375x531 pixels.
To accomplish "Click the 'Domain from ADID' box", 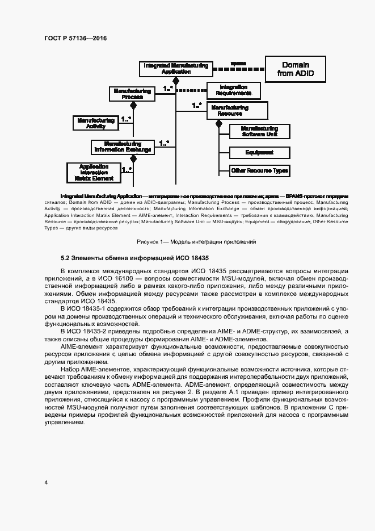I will tap(295, 69).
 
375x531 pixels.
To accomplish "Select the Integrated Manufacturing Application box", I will tap(175, 69).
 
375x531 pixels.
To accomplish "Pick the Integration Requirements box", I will tap(233, 90).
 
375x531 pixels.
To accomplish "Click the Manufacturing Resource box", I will tap(229, 110).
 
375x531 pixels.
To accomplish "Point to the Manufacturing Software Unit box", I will tap(259, 131).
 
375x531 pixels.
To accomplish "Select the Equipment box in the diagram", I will tap(259, 152).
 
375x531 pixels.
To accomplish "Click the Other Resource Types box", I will tap(259, 170).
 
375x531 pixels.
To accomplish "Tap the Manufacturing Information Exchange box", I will tap(123, 147).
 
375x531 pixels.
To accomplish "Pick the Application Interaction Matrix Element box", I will tap(94, 172).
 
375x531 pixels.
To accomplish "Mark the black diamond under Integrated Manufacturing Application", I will tap(176, 81).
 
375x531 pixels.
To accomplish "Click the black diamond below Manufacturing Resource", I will tap(219, 123).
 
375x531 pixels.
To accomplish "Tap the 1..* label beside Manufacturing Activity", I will tap(126, 119).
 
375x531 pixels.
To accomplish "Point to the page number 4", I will tap(45, 483).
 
